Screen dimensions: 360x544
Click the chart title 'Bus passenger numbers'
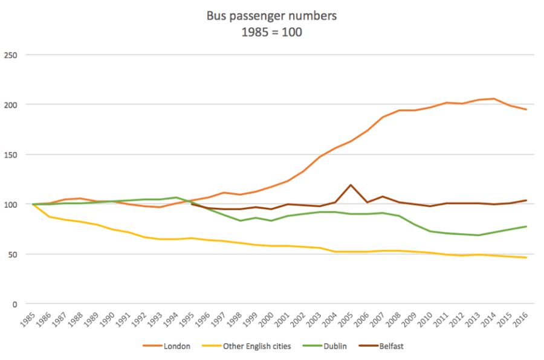[271, 16]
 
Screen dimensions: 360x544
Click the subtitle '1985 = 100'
[271, 32]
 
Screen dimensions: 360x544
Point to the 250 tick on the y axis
[11, 55]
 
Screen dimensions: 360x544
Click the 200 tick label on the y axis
[11, 105]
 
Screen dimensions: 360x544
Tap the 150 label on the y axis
[11, 155]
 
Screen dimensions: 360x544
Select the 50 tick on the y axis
[13, 254]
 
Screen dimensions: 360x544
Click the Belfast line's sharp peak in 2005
[351, 185]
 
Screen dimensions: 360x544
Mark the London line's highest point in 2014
[494, 99]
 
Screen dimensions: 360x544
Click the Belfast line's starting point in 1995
[191, 204]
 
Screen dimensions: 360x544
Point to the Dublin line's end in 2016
[526, 227]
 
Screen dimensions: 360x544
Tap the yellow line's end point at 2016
[526, 258]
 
